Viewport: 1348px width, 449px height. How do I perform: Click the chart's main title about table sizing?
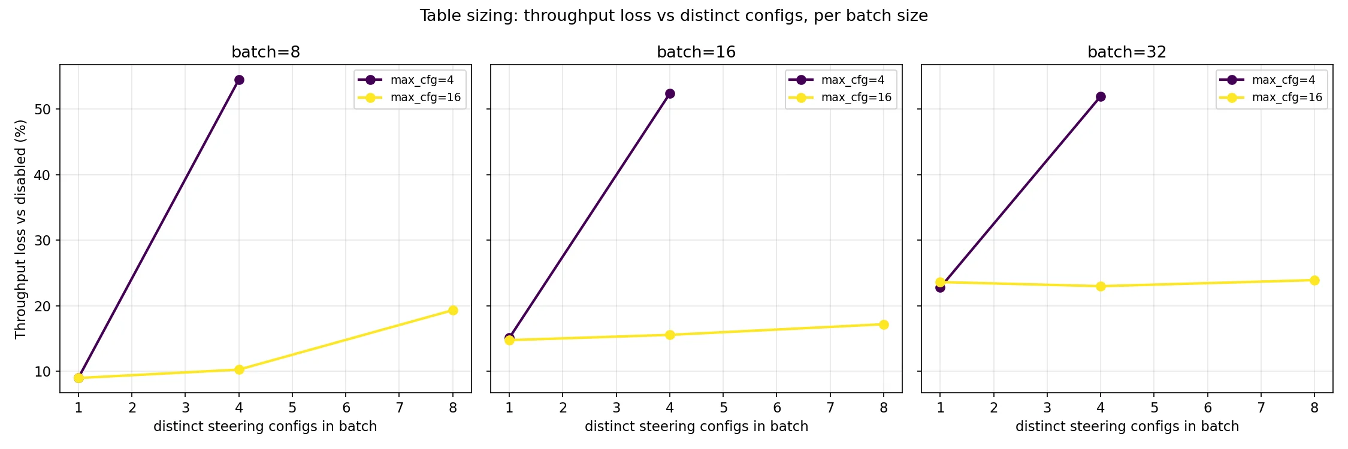(673, 16)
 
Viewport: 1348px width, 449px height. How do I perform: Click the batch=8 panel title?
(265, 52)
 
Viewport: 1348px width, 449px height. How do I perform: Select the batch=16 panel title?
(696, 52)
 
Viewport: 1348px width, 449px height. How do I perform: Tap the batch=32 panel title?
(1127, 52)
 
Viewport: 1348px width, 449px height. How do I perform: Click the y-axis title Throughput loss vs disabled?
(20, 229)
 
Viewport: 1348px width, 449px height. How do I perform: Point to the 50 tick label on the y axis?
(43, 110)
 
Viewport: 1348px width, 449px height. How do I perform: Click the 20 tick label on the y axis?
(43, 306)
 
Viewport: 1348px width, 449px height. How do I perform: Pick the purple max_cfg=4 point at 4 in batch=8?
(239, 80)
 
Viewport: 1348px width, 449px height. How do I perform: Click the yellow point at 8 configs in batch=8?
(453, 310)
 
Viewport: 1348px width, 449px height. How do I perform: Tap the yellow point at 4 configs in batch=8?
(239, 369)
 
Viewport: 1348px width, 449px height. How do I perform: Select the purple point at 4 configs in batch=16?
(670, 94)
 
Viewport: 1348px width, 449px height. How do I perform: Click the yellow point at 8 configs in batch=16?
(884, 324)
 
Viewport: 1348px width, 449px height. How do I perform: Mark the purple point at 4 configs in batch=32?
(1101, 97)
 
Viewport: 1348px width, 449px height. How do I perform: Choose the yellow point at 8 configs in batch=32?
(1314, 280)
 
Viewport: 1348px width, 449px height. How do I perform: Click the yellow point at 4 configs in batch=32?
(1101, 286)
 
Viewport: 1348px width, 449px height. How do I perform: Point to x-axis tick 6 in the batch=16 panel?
(777, 408)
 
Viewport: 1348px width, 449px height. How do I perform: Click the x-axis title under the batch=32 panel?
(1127, 426)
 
